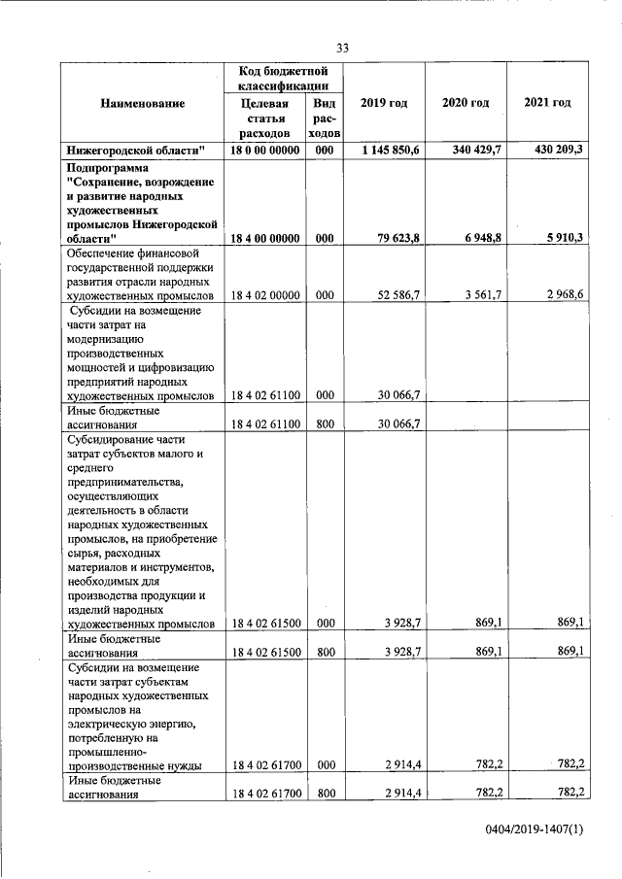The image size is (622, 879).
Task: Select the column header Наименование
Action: point(141,103)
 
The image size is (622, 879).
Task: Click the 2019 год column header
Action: point(382,103)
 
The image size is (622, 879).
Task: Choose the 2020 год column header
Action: point(465,103)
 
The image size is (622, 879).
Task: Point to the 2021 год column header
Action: point(546,103)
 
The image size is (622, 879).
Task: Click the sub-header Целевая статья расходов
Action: point(264,118)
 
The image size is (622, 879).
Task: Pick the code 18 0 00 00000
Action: point(264,150)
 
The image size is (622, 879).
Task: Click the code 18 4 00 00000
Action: point(264,237)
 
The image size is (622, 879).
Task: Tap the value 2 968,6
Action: point(564,295)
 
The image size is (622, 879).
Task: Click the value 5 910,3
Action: point(564,237)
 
